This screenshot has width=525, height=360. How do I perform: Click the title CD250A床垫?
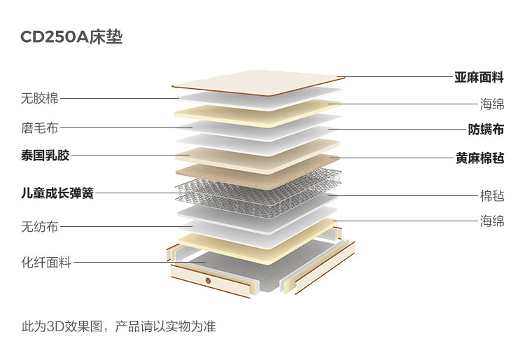click(x=71, y=37)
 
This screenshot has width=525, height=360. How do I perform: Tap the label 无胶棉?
click(x=40, y=98)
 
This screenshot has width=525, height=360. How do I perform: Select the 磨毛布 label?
click(x=40, y=128)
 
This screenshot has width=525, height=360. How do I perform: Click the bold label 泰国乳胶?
click(x=45, y=155)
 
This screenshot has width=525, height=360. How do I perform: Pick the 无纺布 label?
click(x=40, y=226)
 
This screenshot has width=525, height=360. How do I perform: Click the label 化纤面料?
click(x=46, y=263)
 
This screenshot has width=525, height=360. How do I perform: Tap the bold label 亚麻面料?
click(x=479, y=77)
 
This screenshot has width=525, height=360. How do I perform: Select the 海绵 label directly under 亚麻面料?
click(x=492, y=104)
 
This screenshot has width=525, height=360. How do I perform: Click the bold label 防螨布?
click(x=486, y=130)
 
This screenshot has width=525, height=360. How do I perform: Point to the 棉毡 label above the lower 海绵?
click(x=492, y=195)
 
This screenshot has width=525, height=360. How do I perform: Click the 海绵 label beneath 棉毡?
click(x=492, y=221)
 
